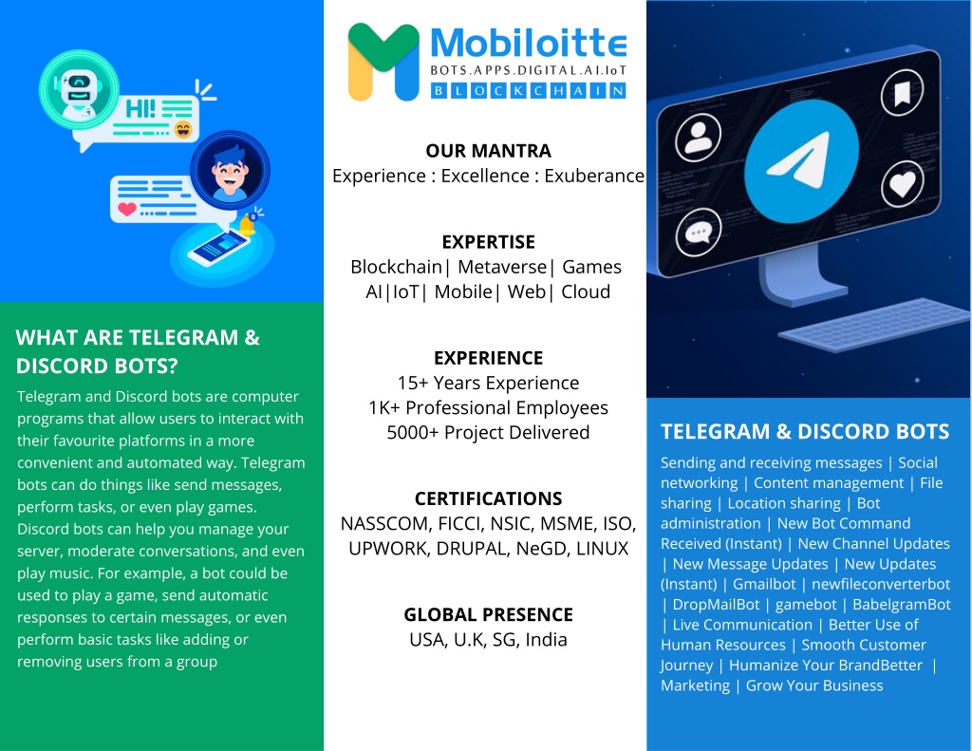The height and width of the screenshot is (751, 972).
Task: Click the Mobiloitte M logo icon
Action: [383, 62]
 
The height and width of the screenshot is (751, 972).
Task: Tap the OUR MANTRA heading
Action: [489, 151]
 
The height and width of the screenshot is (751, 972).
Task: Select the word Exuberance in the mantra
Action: [594, 177]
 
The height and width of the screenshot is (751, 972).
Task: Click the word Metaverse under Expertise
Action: [502, 267]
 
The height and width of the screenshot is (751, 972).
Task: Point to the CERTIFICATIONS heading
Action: [489, 498]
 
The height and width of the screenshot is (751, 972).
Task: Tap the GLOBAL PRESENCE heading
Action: [489, 614]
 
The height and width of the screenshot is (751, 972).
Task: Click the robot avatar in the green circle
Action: [79, 89]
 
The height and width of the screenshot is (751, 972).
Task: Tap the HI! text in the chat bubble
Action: [140, 109]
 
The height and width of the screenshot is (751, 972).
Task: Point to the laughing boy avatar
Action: [230, 170]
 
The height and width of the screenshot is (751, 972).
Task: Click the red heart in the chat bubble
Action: [127, 208]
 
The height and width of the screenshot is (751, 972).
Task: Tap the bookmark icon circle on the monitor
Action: [902, 93]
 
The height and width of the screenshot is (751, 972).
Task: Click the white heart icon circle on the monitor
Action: [903, 184]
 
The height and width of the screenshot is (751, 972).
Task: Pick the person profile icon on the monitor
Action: [698, 137]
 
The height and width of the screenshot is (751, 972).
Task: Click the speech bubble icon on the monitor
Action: [698, 233]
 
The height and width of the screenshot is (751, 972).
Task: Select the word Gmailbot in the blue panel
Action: [764, 584]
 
